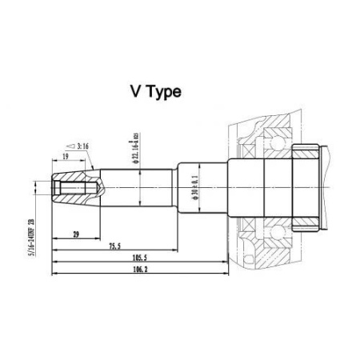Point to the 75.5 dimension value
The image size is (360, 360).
pos(116,245)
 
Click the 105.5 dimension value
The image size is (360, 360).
pos(141,259)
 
